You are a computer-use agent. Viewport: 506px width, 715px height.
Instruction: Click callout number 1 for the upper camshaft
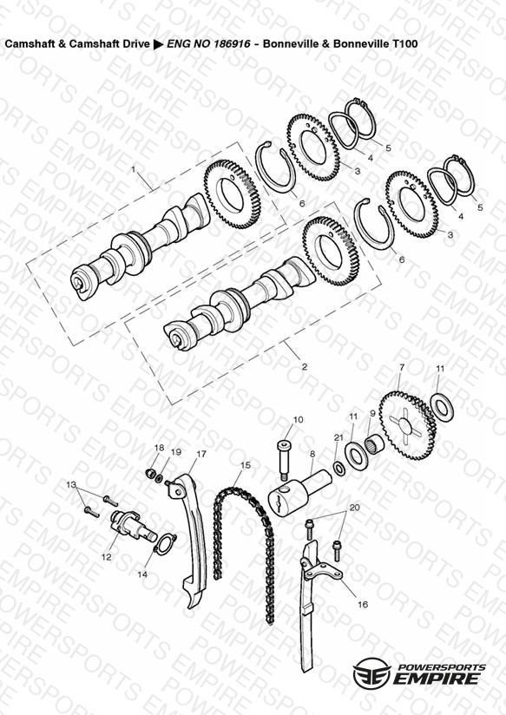point(134,169)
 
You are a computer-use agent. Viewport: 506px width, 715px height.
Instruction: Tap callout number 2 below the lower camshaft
point(305,366)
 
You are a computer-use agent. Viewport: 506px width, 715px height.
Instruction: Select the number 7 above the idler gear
point(402,367)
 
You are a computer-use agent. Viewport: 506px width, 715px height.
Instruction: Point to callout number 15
point(246,465)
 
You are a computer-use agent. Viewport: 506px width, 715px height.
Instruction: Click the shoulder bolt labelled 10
point(283,460)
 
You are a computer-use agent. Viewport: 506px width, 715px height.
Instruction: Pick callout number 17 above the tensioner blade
point(201,454)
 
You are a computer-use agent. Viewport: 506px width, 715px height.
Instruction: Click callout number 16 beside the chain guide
point(362,605)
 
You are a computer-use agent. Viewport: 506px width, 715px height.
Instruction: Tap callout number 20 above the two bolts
point(354,508)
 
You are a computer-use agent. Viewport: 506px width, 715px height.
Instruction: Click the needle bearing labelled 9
point(376,443)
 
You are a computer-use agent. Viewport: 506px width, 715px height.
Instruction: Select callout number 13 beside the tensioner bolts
point(71,484)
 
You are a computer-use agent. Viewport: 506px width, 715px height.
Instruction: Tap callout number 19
point(175,452)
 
